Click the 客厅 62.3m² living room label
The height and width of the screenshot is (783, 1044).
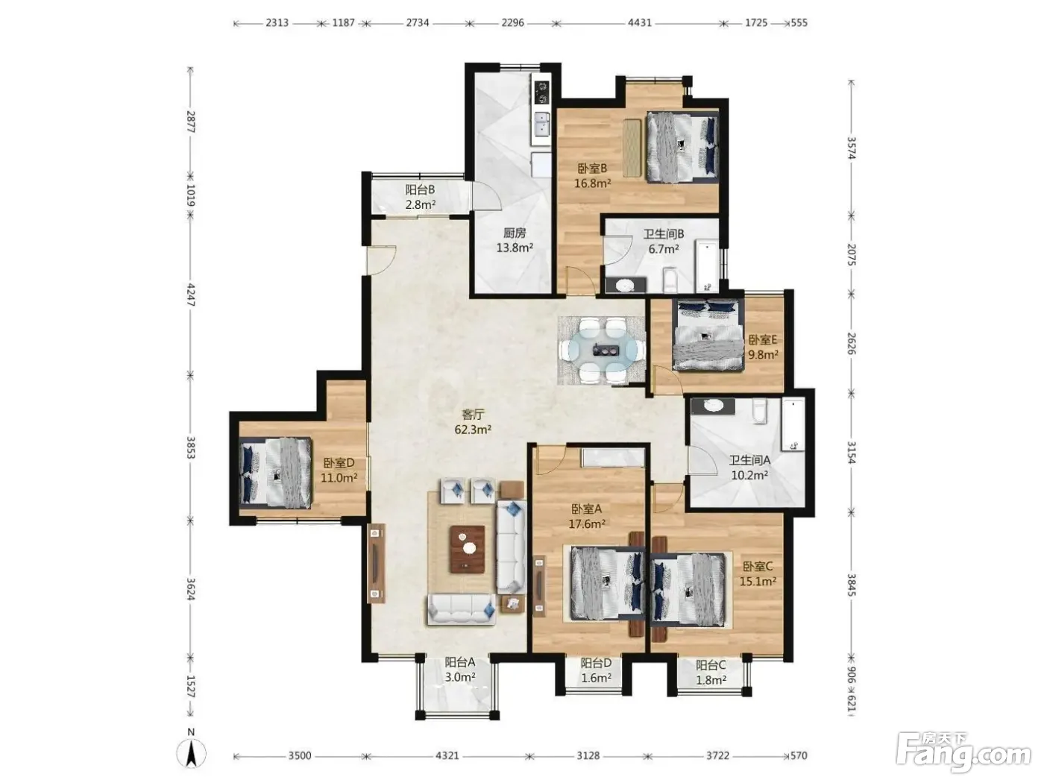click(472, 422)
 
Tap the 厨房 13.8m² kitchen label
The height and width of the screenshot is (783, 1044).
click(515, 240)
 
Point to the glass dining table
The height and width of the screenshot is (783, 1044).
click(601, 350)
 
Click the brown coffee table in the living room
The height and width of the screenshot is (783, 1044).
click(467, 549)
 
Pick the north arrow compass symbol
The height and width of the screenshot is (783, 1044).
click(191, 753)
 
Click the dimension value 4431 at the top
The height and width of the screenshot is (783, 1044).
click(639, 22)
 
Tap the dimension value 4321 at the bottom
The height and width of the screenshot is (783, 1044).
click(447, 755)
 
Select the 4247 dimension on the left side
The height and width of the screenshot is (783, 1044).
click(191, 295)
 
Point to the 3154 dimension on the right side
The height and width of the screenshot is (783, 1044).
click(852, 452)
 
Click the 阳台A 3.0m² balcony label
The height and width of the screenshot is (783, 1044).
click(460, 670)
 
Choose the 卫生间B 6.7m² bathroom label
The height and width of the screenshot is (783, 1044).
click(664, 241)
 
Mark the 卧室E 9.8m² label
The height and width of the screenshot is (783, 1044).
click(763, 347)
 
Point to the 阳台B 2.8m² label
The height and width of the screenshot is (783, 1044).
click(421, 197)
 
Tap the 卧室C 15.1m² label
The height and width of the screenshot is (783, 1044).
click(758, 573)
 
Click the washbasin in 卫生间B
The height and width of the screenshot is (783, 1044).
click(625, 286)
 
